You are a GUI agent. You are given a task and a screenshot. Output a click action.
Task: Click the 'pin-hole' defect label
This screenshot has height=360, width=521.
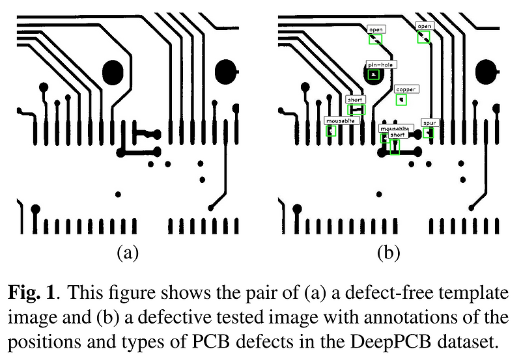[380, 64]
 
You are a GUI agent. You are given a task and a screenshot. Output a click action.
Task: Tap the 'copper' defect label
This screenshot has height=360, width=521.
[406, 89]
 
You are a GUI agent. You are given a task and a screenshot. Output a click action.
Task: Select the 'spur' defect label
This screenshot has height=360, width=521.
[430, 122]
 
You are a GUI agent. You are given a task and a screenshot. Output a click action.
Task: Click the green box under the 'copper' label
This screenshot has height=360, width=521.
[402, 100]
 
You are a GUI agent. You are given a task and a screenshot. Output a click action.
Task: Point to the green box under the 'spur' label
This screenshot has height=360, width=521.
[428, 133]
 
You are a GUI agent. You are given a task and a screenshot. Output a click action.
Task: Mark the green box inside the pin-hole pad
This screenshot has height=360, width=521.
[374, 75]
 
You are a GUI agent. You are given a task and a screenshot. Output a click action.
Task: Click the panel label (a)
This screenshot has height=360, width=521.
[127, 253]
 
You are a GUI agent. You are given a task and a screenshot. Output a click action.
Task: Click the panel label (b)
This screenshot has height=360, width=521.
[388, 253]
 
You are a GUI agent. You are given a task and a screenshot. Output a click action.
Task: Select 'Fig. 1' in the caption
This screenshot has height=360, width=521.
[30, 293]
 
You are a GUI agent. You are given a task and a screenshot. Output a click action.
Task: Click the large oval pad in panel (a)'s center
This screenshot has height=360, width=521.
[113, 70]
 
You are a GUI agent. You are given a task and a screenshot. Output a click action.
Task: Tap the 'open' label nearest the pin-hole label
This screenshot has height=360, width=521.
[376, 29]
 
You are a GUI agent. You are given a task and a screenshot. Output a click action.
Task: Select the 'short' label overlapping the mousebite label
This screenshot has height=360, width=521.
[397, 135]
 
